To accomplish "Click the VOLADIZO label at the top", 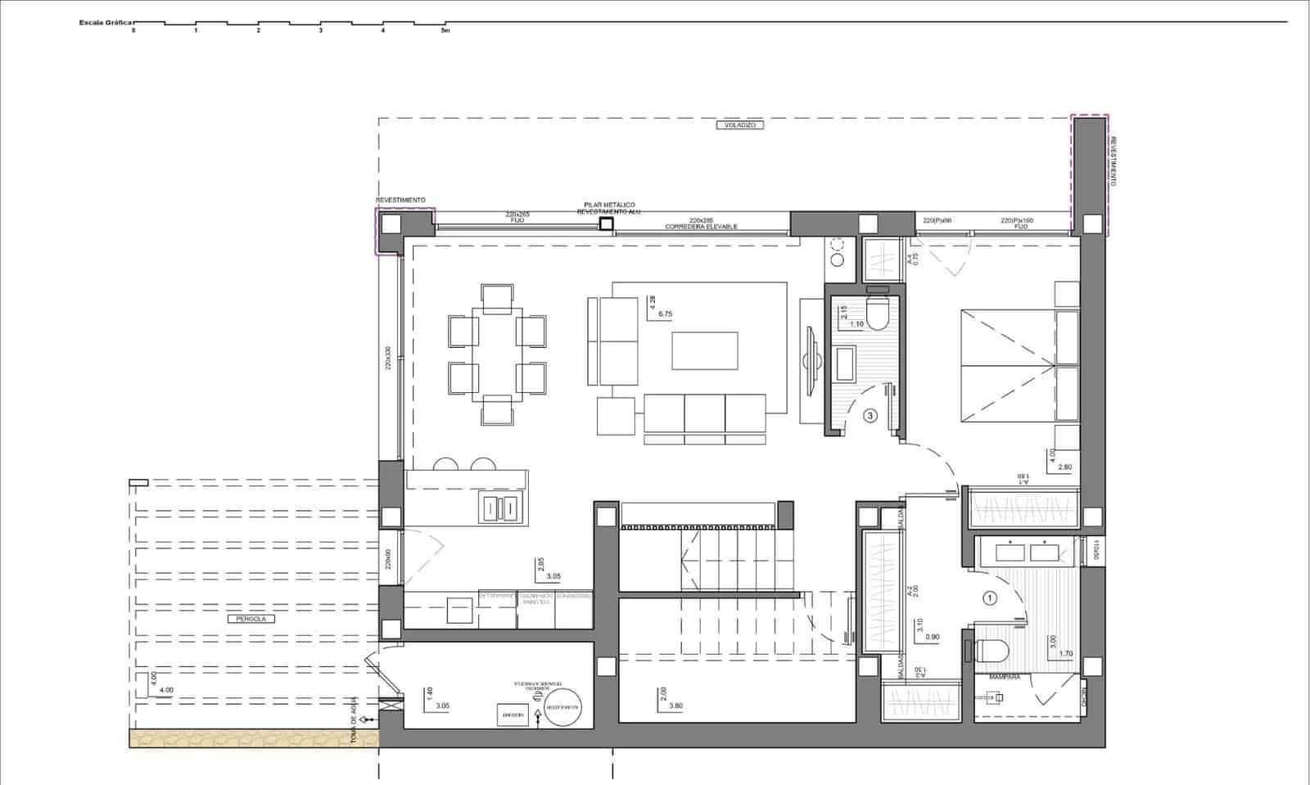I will [739, 125].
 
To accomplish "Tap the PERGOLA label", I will [251, 619].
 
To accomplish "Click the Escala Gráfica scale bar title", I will [106, 23].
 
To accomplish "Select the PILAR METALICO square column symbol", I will [606, 223].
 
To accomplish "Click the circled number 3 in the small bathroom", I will [870, 416].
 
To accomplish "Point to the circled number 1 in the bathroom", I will [990, 598].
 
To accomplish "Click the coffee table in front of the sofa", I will [705, 350].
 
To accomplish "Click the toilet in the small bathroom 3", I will [877, 314].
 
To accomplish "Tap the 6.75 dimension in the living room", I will [665, 314].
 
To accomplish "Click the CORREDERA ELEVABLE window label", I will [702, 227].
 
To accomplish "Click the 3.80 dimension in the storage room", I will [675, 706].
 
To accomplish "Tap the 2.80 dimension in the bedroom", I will [1065, 467].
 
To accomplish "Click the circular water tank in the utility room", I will [562, 707].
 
